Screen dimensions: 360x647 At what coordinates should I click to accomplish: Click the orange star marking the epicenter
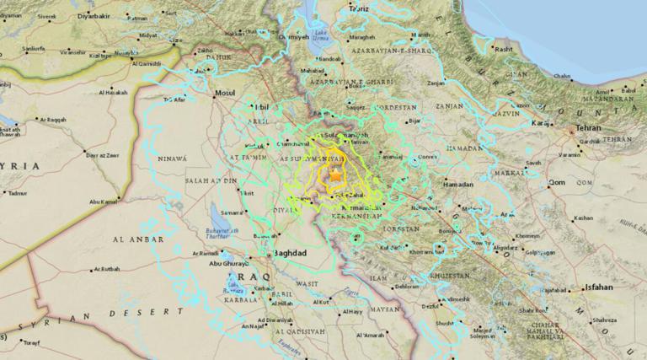point(335,176)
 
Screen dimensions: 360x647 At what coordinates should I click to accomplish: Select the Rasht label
point(505,50)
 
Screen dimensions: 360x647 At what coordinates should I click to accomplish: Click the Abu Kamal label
point(99,201)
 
